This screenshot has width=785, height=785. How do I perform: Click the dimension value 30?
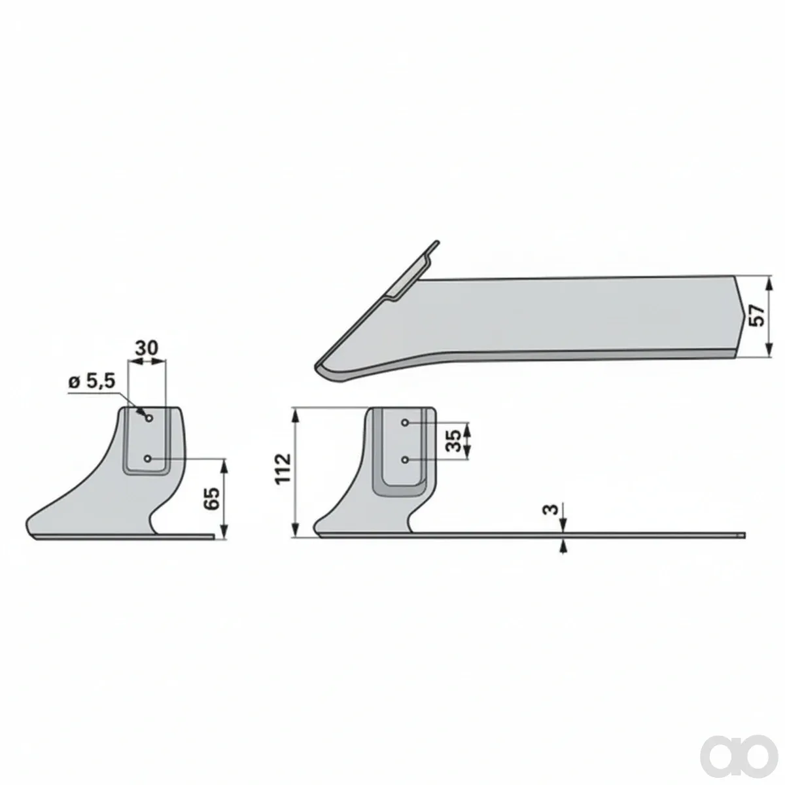tap(147, 348)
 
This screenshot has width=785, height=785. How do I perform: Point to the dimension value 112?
tap(283, 468)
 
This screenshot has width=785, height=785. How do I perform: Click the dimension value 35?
tap(454, 440)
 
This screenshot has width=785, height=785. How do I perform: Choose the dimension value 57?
tap(757, 316)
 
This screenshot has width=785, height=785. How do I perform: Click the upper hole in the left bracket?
tap(150, 418)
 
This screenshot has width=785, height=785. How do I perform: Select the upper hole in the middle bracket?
tap(405, 423)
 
